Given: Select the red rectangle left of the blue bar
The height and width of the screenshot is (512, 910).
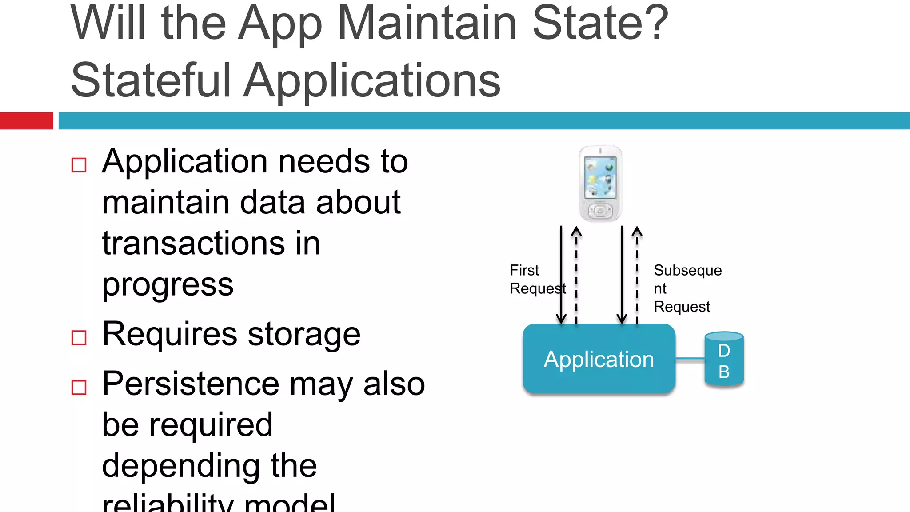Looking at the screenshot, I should [x=26, y=121].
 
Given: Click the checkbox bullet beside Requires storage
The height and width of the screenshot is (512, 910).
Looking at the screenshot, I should [x=79, y=338].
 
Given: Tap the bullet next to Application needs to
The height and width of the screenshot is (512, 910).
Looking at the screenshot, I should [x=79, y=165].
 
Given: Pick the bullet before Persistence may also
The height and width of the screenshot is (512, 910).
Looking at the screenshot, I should [x=79, y=388].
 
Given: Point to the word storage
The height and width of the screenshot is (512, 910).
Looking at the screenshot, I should [x=304, y=334].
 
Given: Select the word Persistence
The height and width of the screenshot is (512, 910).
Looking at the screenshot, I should [x=191, y=384].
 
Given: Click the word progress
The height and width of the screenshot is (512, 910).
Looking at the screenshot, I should [x=168, y=284].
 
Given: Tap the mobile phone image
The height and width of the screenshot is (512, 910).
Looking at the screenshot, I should [x=600, y=183].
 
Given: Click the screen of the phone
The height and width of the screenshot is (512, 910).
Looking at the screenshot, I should [x=600, y=177].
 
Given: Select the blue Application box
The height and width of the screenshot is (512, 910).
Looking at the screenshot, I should [x=599, y=359].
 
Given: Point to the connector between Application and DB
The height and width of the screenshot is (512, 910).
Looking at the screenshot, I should [x=690, y=359].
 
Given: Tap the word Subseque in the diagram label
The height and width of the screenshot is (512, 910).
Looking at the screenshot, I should [x=687, y=270].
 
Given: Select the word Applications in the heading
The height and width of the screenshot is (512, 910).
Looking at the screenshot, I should [x=372, y=80].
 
